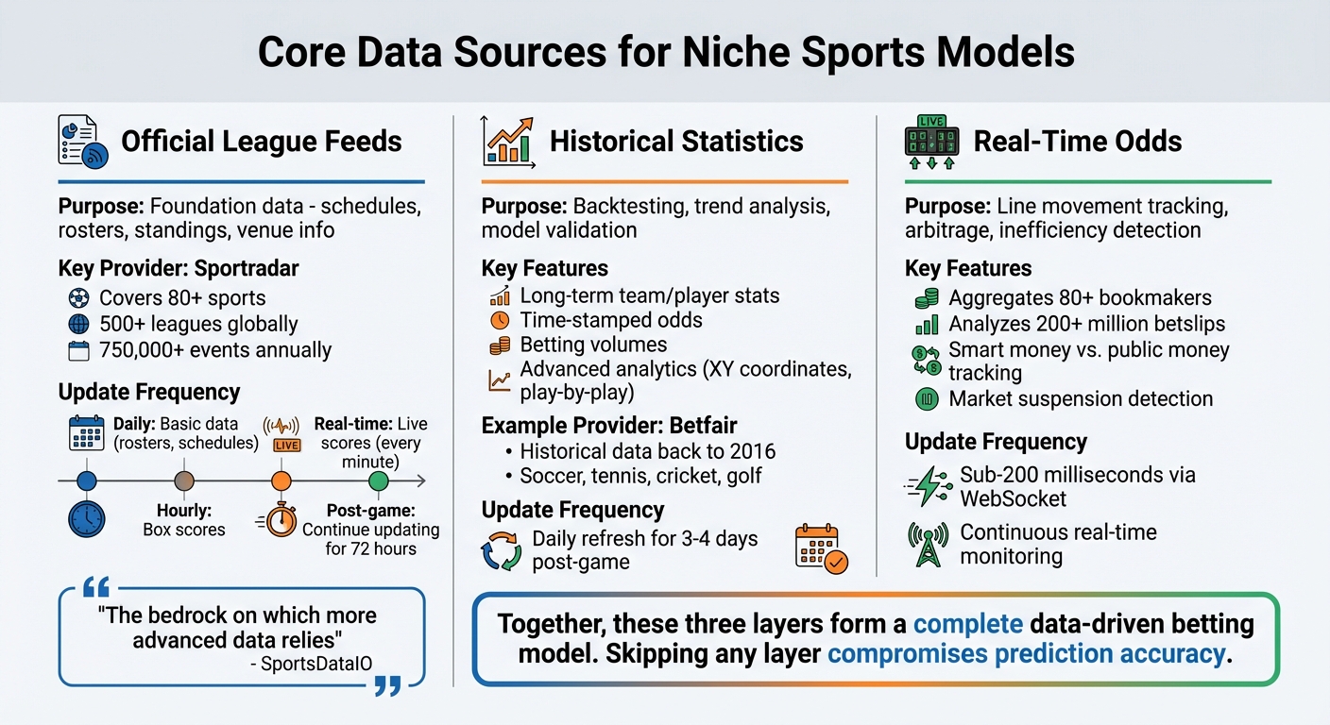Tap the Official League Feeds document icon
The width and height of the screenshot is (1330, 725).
[x=80, y=142]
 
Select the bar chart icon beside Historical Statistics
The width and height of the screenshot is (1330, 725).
[x=507, y=142]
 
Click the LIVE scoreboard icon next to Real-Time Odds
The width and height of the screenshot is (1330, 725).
[x=930, y=142]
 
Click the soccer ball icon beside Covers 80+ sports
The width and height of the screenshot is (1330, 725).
[x=79, y=298]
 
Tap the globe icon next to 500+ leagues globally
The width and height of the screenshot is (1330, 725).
[x=79, y=325]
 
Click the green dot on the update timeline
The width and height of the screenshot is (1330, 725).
[x=378, y=481]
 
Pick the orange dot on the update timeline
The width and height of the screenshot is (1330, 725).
[x=281, y=481]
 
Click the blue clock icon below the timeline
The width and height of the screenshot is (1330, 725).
[x=86, y=519]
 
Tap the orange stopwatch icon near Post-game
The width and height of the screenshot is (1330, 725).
[x=280, y=520]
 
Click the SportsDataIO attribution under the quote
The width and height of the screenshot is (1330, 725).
[x=317, y=664]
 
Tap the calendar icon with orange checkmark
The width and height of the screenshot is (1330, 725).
[x=821, y=548]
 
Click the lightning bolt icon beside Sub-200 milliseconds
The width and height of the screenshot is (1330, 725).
[x=927, y=485]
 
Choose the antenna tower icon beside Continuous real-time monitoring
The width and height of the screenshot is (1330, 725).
[x=927, y=545]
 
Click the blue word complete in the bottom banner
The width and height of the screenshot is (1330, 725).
[x=968, y=624]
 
